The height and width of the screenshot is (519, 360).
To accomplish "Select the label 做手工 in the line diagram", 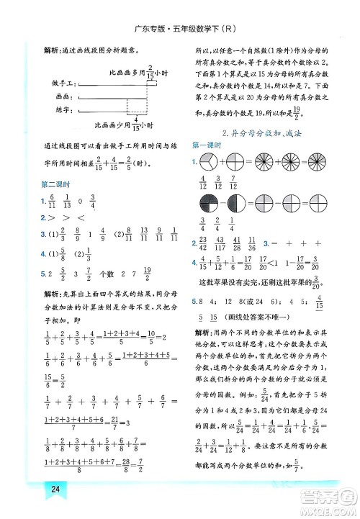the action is [62, 84].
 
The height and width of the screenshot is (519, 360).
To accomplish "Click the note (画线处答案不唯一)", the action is [259, 317].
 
